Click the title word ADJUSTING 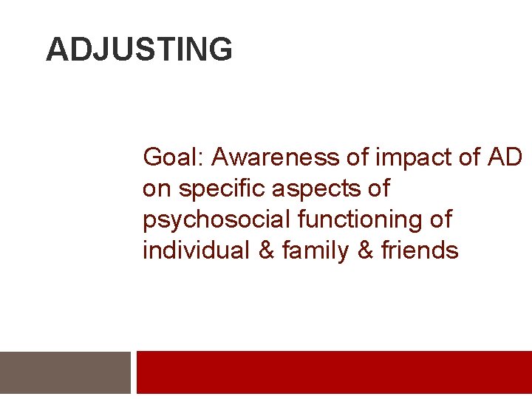(139, 50)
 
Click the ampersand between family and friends (366, 251)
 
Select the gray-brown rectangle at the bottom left (65, 372)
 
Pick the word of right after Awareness (356, 157)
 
